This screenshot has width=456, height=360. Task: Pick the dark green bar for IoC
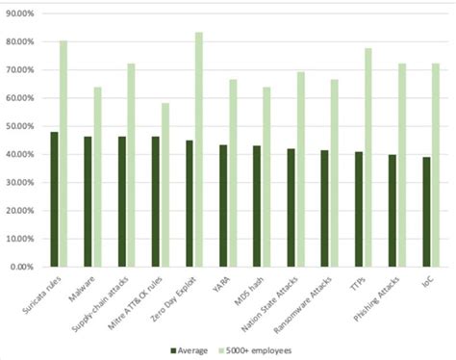426,212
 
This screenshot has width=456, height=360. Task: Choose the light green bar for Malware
97,177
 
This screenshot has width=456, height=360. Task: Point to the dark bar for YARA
223,206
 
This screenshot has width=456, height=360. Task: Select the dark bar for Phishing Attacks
393,211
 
